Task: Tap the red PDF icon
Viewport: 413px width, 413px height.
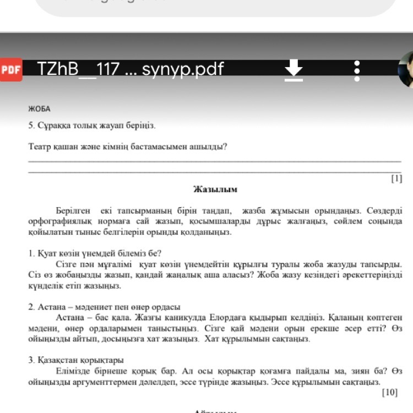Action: pos(11,70)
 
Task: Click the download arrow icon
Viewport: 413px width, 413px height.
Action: pos(294,70)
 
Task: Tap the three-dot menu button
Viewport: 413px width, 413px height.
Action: pos(357,70)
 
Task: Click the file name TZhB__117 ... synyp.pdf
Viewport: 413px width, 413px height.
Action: pos(131,69)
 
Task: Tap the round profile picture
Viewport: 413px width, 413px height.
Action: pos(407,70)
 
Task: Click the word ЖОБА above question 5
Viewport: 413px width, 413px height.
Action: pos(39,109)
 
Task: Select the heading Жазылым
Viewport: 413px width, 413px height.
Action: pos(215,189)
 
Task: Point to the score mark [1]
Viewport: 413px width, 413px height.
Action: pos(396,178)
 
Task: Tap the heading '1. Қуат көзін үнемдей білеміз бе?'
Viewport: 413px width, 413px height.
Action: pos(95,253)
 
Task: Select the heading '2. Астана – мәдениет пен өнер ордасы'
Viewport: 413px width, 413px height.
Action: pos(105,307)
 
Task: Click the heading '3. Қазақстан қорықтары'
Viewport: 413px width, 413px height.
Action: pos(76,360)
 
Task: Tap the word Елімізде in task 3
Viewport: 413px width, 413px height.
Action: pos(73,371)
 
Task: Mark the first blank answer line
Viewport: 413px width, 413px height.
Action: pos(215,160)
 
